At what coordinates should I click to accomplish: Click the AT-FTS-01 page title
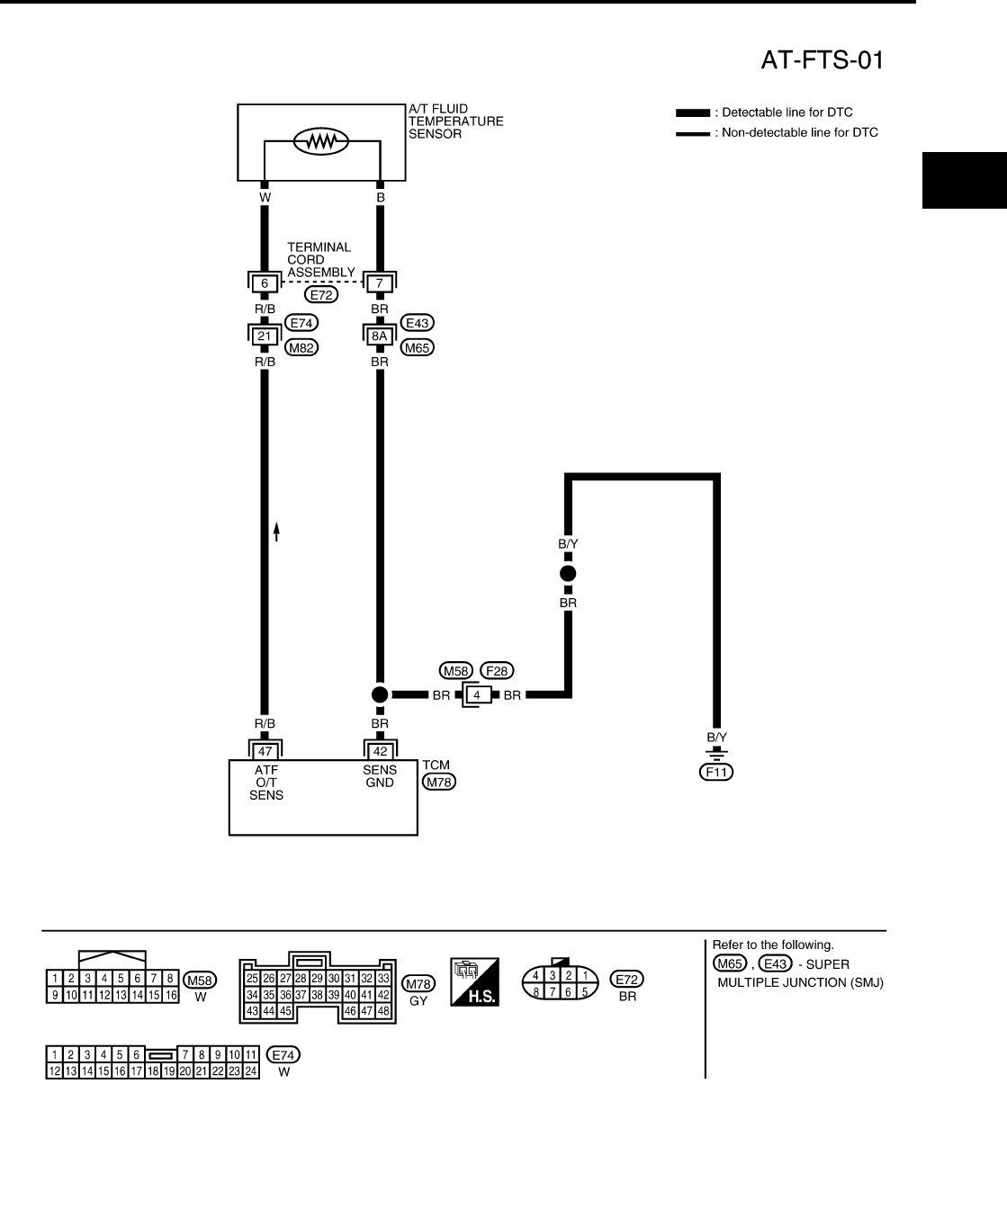(823, 60)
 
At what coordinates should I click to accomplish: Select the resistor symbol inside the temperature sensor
(321, 141)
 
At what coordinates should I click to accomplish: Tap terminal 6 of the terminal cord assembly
(265, 283)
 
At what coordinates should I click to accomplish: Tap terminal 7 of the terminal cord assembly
(380, 283)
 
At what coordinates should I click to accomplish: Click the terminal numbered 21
(265, 336)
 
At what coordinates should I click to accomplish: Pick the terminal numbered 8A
(380, 336)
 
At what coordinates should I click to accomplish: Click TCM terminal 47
(265, 750)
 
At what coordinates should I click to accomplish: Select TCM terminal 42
(380, 750)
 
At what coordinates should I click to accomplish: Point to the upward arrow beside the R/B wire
(277, 532)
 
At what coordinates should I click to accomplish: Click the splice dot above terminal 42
(380, 694)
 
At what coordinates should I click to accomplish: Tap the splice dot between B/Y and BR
(568, 573)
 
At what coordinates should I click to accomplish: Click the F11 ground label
(716, 771)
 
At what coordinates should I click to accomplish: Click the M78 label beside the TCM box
(439, 782)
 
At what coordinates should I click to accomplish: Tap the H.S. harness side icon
(475, 982)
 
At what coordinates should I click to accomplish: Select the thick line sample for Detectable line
(692, 113)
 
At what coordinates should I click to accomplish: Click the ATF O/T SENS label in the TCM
(266, 782)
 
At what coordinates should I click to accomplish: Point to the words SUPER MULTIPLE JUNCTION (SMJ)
(800, 973)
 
